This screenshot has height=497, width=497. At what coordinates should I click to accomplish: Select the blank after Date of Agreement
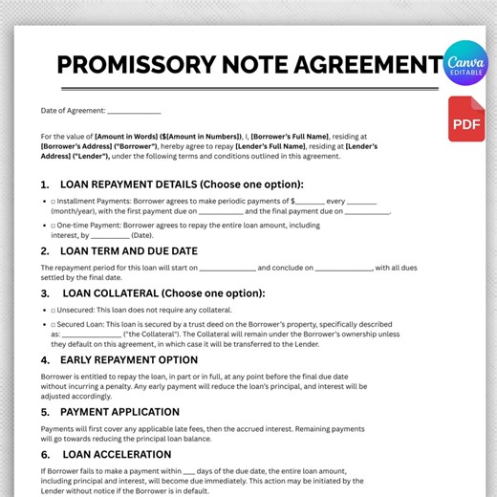tap(134, 113)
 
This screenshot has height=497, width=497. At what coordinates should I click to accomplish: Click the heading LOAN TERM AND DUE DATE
tap(142, 252)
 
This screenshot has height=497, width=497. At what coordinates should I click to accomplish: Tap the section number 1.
tap(45, 184)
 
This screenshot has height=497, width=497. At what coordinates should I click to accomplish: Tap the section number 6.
tap(45, 455)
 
